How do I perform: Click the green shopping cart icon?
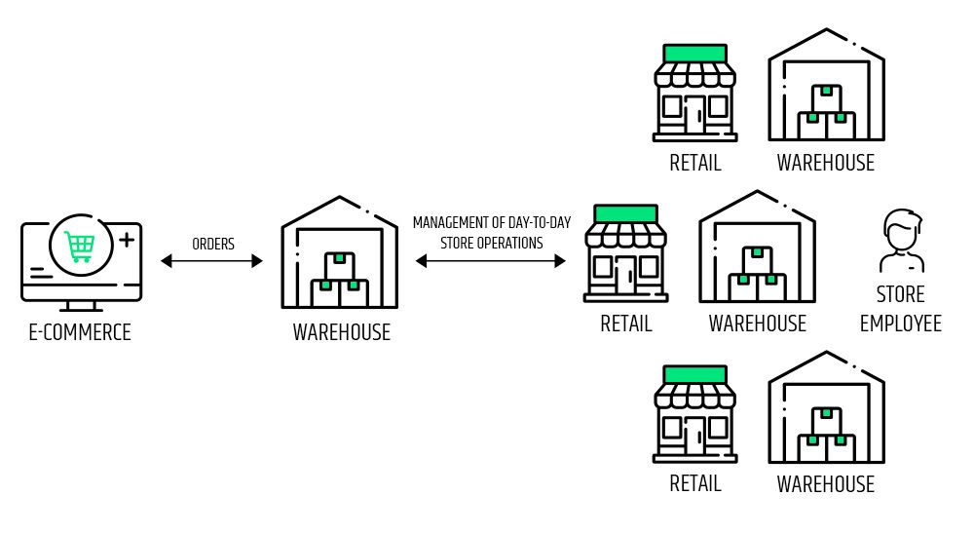(x=79, y=246)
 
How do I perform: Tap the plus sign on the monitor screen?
(x=126, y=237)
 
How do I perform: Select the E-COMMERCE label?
(x=79, y=332)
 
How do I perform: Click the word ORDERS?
(x=212, y=244)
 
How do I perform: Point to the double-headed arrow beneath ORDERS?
(x=212, y=261)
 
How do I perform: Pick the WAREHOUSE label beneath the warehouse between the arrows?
(x=341, y=332)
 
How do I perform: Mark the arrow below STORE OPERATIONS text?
(x=491, y=261)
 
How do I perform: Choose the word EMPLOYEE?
(x=900, y=323)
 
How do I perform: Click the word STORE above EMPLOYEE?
(x=900, y=294)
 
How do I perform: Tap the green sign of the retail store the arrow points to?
(x=625, y=213)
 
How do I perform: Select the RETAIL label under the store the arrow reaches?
(x=625, y=324)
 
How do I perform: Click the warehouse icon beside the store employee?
(x=757, y=248)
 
